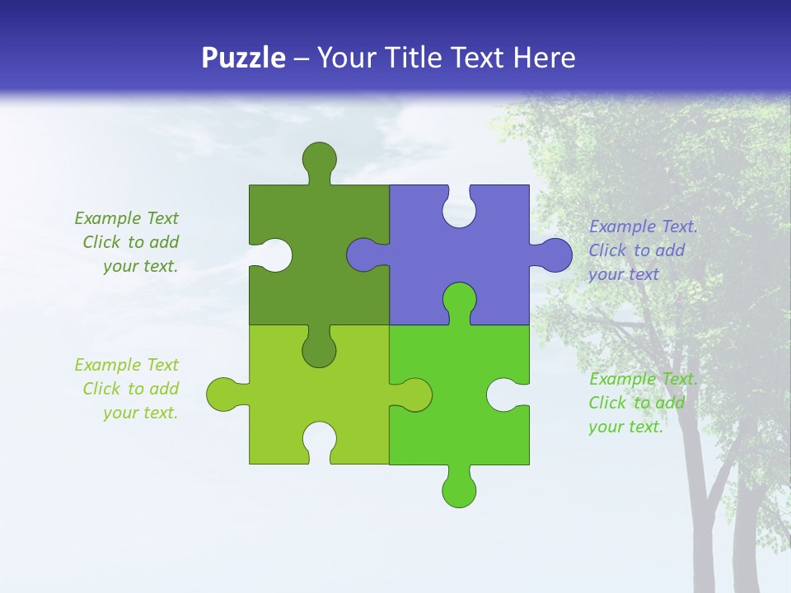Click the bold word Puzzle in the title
click(x=244, y=58)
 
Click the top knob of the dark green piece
click(x=319, y=158)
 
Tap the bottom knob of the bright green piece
click(x=459, y=489)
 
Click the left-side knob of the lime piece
click(x=222, y=395)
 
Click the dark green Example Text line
click(x=126, y=218)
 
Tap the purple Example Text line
click(x=643, y=226)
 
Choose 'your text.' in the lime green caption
click(x=140, y=413)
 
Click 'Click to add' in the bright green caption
click(x=636, y=403)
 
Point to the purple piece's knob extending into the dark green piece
click(x=363, y=254)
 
